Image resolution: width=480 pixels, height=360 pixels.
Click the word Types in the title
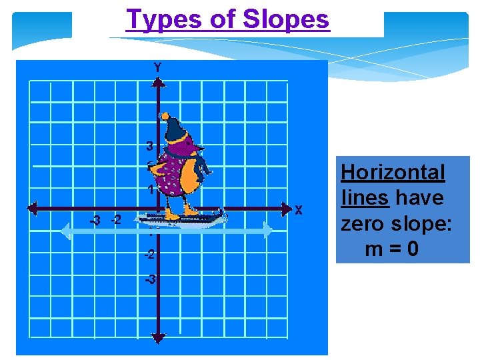click(158, 20)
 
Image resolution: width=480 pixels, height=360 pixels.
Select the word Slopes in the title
click(286, 19)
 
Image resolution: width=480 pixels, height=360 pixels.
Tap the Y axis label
click(157, 67)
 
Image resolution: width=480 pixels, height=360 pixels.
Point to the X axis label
click(299, 210)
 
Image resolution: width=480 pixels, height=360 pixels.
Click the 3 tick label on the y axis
click(150, 146)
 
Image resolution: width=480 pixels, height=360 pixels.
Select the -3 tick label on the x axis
click(96, 220)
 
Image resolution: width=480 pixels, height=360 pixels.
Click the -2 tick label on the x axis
click(116, 220)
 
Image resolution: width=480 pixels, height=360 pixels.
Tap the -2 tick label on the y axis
click(150, 255)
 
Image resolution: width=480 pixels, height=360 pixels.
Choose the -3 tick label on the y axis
click(151, 279)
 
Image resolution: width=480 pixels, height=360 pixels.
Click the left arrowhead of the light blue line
click(65, 231)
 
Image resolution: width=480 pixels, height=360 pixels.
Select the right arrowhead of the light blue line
click(267, 231)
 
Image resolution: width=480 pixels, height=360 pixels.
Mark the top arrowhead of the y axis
click(158, 81)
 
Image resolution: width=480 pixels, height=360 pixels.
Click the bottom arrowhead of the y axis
click(158, 338)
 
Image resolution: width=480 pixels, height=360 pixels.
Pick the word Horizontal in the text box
click(393, 173)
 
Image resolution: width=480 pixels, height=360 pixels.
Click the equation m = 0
click(392, 249)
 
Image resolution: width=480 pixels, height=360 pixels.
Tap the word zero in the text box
click(364, 223)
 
